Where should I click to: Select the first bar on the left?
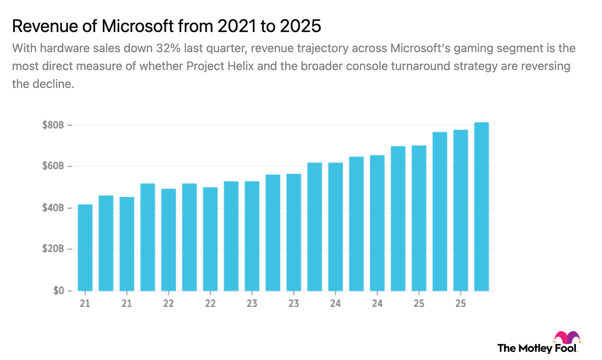pyautogui.click(x=85, y=247)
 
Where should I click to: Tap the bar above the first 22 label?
pyautogui.click(x=168, y=239)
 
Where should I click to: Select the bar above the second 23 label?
pyautogui.click(x=294, y=231)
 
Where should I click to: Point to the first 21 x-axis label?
pyautogui.click(x=85, y=304)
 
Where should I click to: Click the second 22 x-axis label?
pyautogui.click(x=210, y=304)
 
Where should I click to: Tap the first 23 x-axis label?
pyautogui.click(x=252, y=304)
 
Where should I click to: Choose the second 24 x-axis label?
pyautogui.click(x=377, y=304)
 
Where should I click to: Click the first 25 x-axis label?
pyautogui.click(x=419, y=304)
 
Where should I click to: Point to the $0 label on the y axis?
pyautogui.click(x=58, y=291)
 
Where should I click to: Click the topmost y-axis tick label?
pyautogui.click(x=54, y=125)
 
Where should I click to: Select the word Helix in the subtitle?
pyautogui.click(x=240, y=66)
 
